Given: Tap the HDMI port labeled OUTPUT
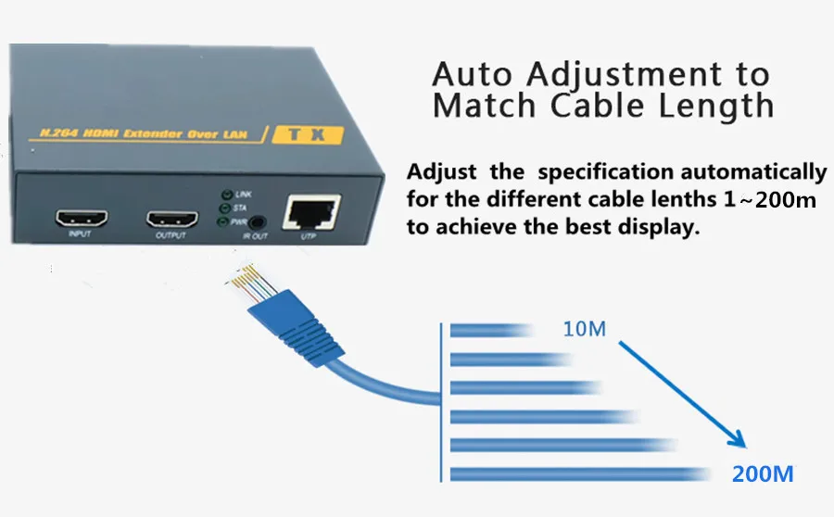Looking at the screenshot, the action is click(171, 221).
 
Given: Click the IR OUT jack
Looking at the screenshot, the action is click(256, 222).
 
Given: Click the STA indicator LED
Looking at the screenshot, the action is click(223, 208).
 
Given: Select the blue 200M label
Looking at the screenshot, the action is click(763, 474).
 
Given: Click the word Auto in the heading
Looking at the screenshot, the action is click(474, 73).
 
